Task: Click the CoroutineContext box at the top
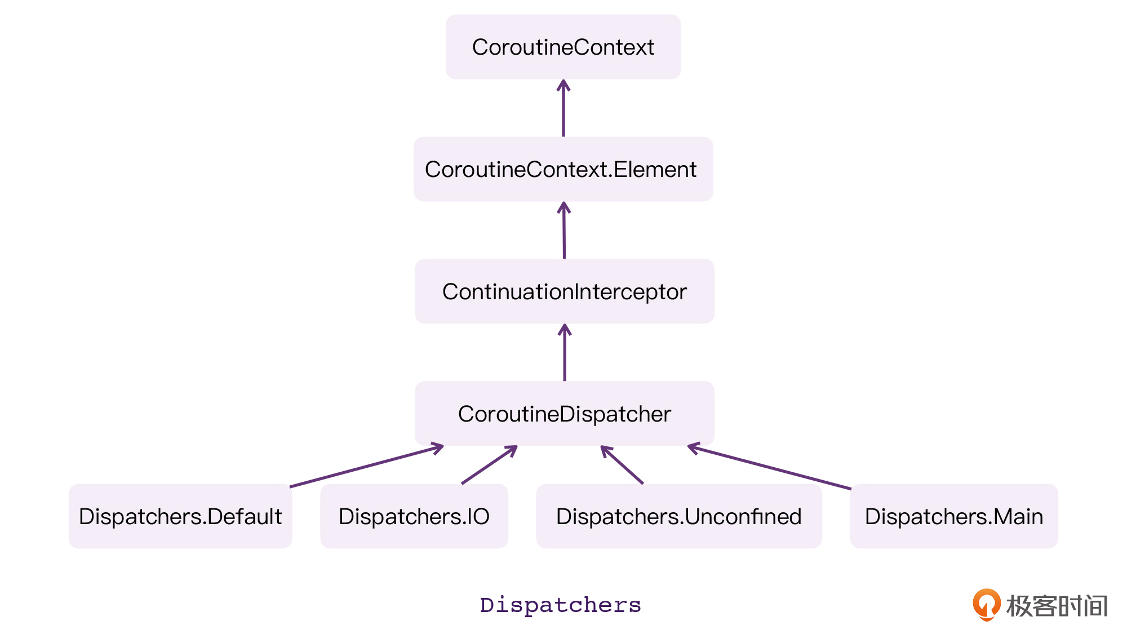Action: pos(563,47)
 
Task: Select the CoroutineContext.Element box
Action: pos(563,170)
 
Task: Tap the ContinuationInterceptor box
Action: pos(564,292)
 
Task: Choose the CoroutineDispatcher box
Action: pos(564,414)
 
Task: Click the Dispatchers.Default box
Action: pos(180,517)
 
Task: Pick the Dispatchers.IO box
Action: pos(414,517)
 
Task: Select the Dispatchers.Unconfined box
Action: pos(678,517)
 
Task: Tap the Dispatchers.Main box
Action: pos(953,517)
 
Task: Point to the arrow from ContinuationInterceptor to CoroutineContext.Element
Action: pos(564,230)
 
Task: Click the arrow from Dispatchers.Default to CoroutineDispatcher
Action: pos(366,467)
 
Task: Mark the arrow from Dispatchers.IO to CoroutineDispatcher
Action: pos(489,465)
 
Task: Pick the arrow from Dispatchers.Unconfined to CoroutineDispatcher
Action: pos(622,465)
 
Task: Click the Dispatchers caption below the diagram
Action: pos(560,605)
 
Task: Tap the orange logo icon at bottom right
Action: pos(986,605)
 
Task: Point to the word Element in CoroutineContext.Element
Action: pos(655,170)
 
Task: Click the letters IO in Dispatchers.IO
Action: pos(478,517)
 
